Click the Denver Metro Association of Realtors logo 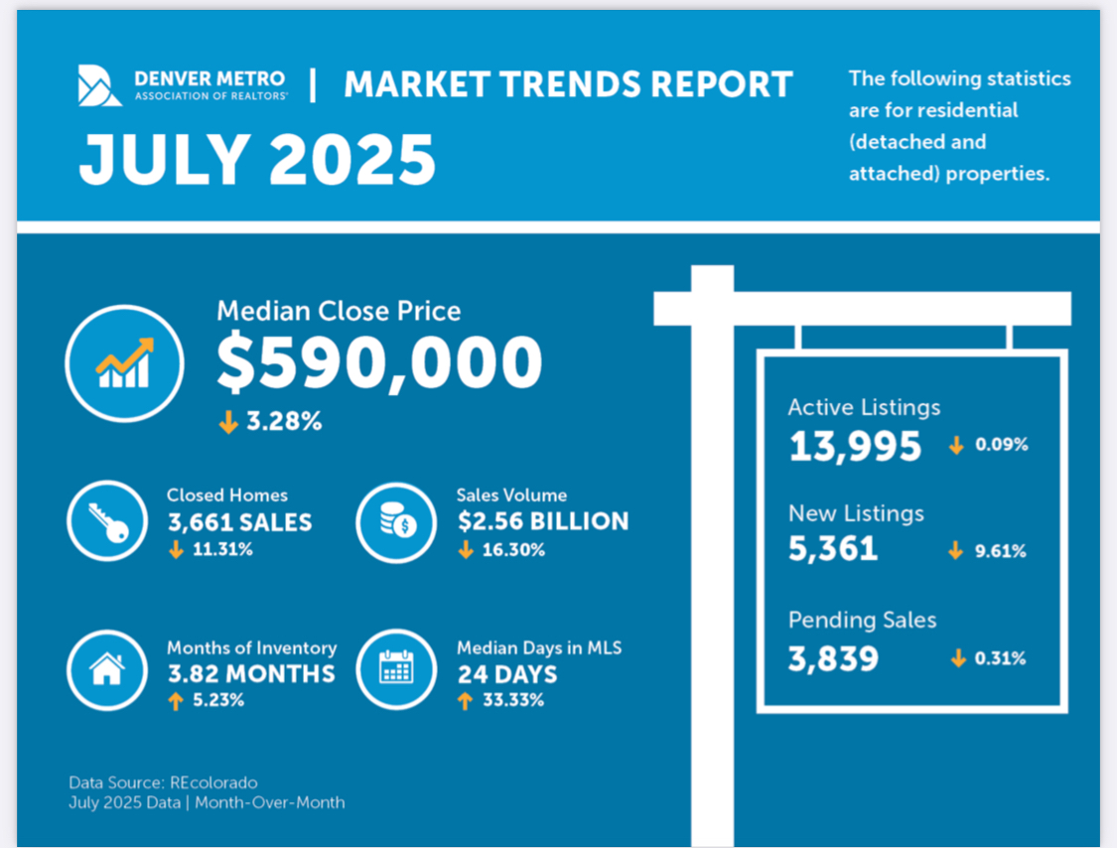[x=100, y=84]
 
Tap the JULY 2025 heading [x=257, y=159]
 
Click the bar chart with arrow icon [x=125, y=363]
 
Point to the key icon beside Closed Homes [x=107, y=522]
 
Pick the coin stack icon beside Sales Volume [x=396, y=522]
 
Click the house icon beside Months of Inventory [x=107, y=670]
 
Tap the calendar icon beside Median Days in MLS [x=396, y=670]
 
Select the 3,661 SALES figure [x=239, y=522]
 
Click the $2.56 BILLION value [x=542, y=522]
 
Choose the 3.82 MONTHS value [x=250, y=674]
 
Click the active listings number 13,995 [x=855, y=447]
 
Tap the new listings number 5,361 [x=833, y=549]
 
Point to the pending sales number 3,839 [x=833, y=657]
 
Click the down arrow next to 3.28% [x=228, y=422]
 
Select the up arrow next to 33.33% [x=465, y=701]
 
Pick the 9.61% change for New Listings [x=999, y=551]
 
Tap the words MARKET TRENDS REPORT [x=568, y=84]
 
